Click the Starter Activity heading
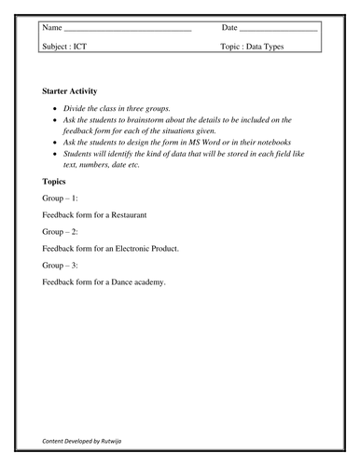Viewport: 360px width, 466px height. (76, 91)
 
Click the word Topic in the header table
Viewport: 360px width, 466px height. (231, 46)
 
